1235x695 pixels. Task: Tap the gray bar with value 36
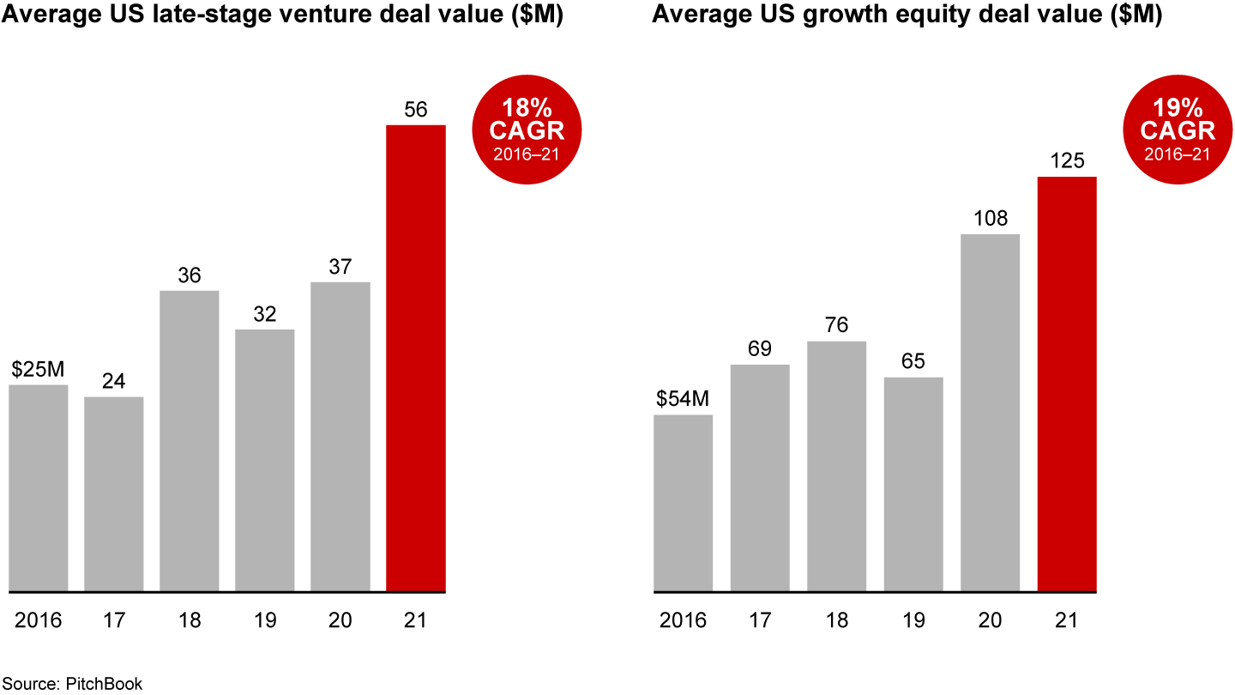tap(190, 441)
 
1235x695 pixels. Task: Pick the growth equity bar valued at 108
tap(991, 413)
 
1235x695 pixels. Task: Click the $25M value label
tap(39, 370)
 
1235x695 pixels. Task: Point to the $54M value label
tap(684, 400)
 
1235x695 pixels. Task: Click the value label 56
tap(416, 110)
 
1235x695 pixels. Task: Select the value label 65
tap(913, 361)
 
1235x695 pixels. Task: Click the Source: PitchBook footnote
tap(71, 684)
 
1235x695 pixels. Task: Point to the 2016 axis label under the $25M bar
tap(39, 619)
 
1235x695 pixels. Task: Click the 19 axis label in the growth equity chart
tap(913, 619)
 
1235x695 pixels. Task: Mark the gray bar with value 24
tap(114, 494)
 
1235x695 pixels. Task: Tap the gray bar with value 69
tap(760, 478)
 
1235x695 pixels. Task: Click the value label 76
tap(836, 326)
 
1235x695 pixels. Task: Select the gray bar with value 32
tap(265, 461)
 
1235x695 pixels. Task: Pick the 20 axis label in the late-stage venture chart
tap(340, 619)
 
